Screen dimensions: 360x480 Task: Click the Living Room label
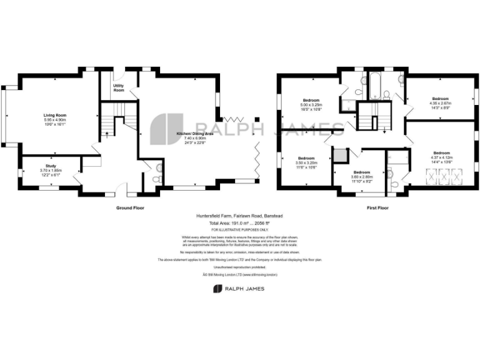pyautogui.click(x=55, y=115)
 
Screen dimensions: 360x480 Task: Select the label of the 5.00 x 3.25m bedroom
pyautogui.click(x=311, y=101)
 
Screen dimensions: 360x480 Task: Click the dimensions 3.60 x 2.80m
pyautogui.click(x=362, y=177)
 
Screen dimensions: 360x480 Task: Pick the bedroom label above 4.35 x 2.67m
pyautogui.click(x=441, y=98)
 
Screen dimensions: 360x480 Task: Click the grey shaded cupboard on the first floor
pyautogui.click(x=341, y=155)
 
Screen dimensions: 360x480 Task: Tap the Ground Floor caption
pyautogui.click(x=131, y=207)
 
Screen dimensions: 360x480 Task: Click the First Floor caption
pyautogui.click(x=378, y=207)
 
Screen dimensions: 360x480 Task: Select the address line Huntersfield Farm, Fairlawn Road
pyautogui.click(x=239, y=216)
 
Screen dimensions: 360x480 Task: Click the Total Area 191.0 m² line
pyautogui.click(x=239, y=223)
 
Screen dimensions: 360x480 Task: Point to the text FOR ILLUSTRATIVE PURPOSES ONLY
pyautogui.click(x=239, y=229)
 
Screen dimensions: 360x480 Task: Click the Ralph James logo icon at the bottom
pyautogui.click(x=217, y=288)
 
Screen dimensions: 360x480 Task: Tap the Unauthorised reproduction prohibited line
pyautogui.click(x=239, y=266)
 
